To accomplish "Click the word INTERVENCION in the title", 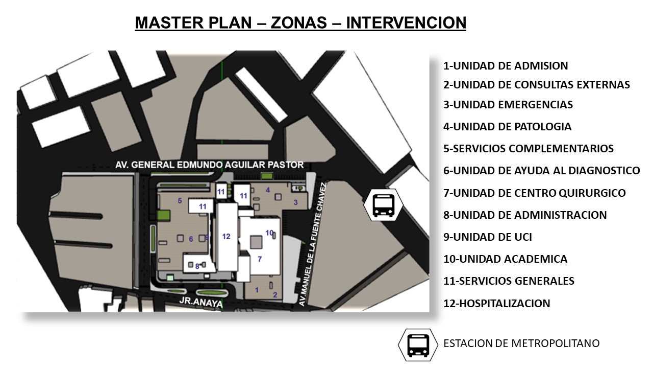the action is click(406, 23).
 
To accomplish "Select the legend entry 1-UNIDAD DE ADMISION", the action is click(506, 66).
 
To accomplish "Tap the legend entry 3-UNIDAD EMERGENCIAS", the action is click(508, 105).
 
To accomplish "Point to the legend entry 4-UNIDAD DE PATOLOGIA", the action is click(507, 127).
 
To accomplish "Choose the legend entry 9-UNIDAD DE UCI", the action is click(487, 237).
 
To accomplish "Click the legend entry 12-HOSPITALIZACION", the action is click(497, 304).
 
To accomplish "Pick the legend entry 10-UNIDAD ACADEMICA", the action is click(505, 259).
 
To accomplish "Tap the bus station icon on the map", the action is click(383, 205).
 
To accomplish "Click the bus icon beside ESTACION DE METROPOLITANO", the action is click(418, 345).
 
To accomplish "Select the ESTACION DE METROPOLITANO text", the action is click(521, 343).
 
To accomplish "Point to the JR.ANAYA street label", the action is click(201, 303).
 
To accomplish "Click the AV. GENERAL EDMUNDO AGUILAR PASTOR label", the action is click(209, 165).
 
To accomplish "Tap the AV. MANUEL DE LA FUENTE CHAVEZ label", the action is click(312, 244).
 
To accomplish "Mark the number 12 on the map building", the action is click(226, 237).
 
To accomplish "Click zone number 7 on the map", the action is click(260, 259).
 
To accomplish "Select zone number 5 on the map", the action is click(180, 201).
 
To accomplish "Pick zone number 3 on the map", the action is click(295, 202).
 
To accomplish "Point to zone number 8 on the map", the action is click(197, 266).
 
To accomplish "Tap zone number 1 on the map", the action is click(257, 290).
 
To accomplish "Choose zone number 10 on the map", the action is click(269, 233).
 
